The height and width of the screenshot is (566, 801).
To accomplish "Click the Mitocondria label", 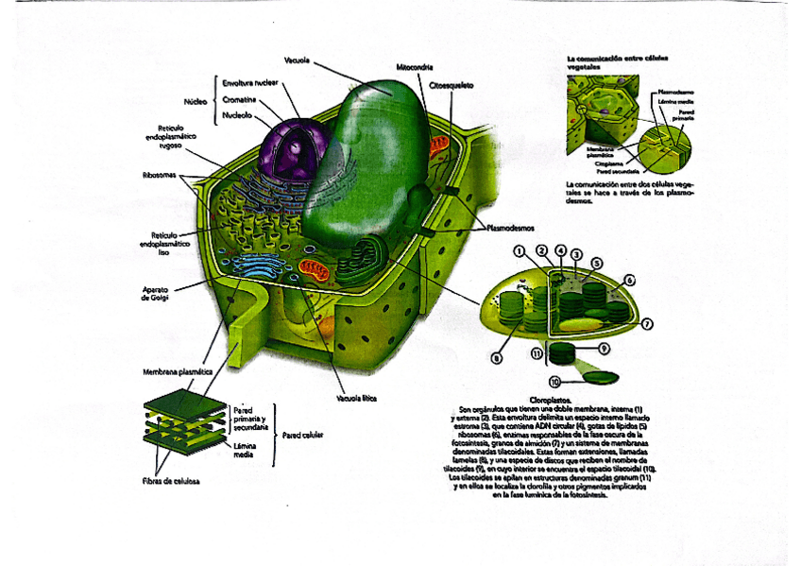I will [x=416, y=67].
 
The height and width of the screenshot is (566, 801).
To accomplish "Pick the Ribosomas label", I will [x=161, y=175].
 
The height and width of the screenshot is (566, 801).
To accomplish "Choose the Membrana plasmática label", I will [x=177, y=372].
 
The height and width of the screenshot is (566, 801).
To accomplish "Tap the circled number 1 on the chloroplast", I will [x=519, y=251].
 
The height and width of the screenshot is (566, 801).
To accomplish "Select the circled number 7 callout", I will [x=648, y=324].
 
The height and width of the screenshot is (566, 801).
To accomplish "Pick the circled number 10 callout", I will [x=555, y=382].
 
